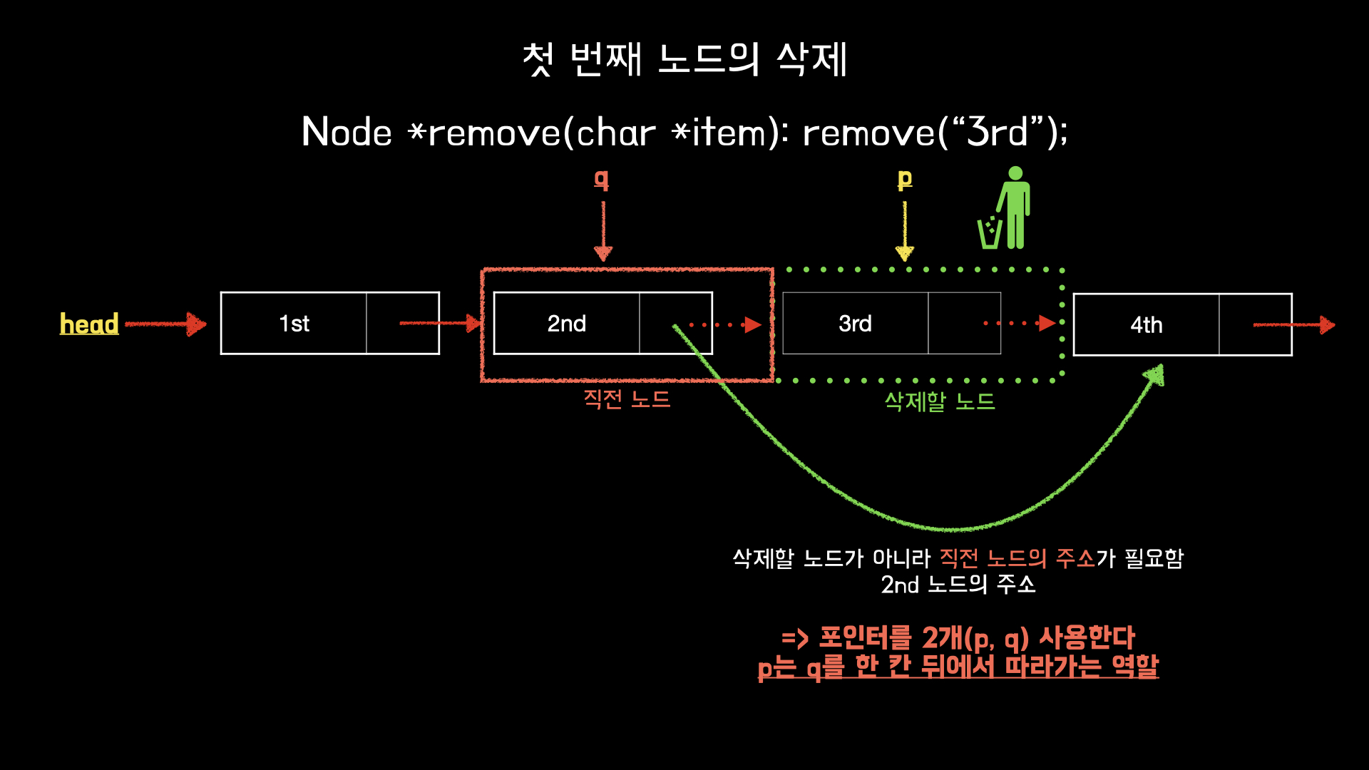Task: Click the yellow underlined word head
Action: (89, 324)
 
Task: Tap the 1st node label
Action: (294, 324)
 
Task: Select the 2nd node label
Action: (566, 324)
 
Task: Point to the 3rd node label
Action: (855, 324)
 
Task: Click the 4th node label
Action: (1146, 325)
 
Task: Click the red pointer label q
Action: (602, 180)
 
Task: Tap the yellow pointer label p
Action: (905, 180)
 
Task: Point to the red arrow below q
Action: (603, 232)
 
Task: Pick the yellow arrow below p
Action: (905, 232)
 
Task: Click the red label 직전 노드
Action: (627, 399)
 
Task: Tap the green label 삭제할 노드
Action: (939, 401)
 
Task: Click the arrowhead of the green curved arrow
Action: (1155, 375)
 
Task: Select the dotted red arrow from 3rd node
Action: (1020, 324)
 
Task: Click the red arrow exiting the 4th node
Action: (1293, 325)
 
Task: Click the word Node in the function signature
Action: (347, 133)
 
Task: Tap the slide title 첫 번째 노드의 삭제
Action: (684, 59)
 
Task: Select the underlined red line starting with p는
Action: (958, 667)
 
